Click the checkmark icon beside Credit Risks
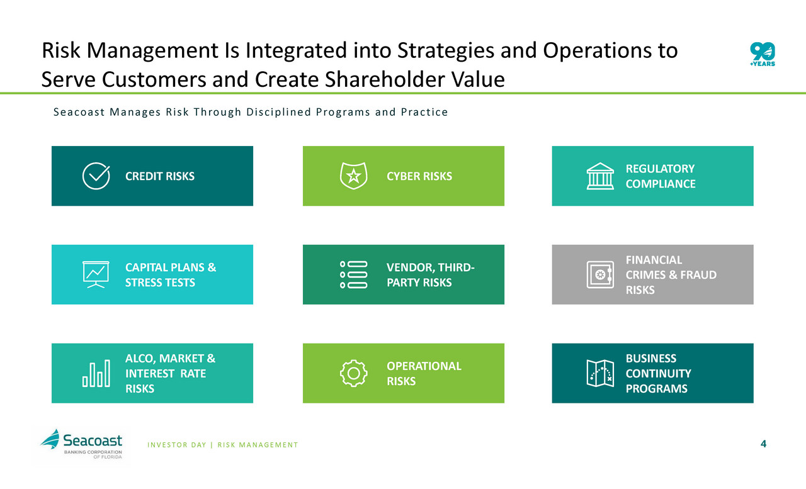(x=96, y=176)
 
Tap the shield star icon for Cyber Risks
(x=354, y=176)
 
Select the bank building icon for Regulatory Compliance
(x=600, y=176)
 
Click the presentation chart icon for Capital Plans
(x=96, y=274)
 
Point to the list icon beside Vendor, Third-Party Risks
(x=354, y=274)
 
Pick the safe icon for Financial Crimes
(x=600, y=274)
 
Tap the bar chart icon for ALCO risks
(x=96, y=373)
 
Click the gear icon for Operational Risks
(x=354, y=373)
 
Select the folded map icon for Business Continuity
(x=600, y=373)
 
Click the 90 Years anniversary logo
(x=763, y=54)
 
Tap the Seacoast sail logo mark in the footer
(x=50, y=439)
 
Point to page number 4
(x=764, y=444)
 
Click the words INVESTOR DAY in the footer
(x=177, y=445)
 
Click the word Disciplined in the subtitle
(x=278, y=112)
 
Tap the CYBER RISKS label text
(x=419, y=176)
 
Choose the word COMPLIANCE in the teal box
(x=661, y=184)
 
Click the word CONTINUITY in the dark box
(x=658, y=373)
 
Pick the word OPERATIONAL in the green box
(x=424, y=366)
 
